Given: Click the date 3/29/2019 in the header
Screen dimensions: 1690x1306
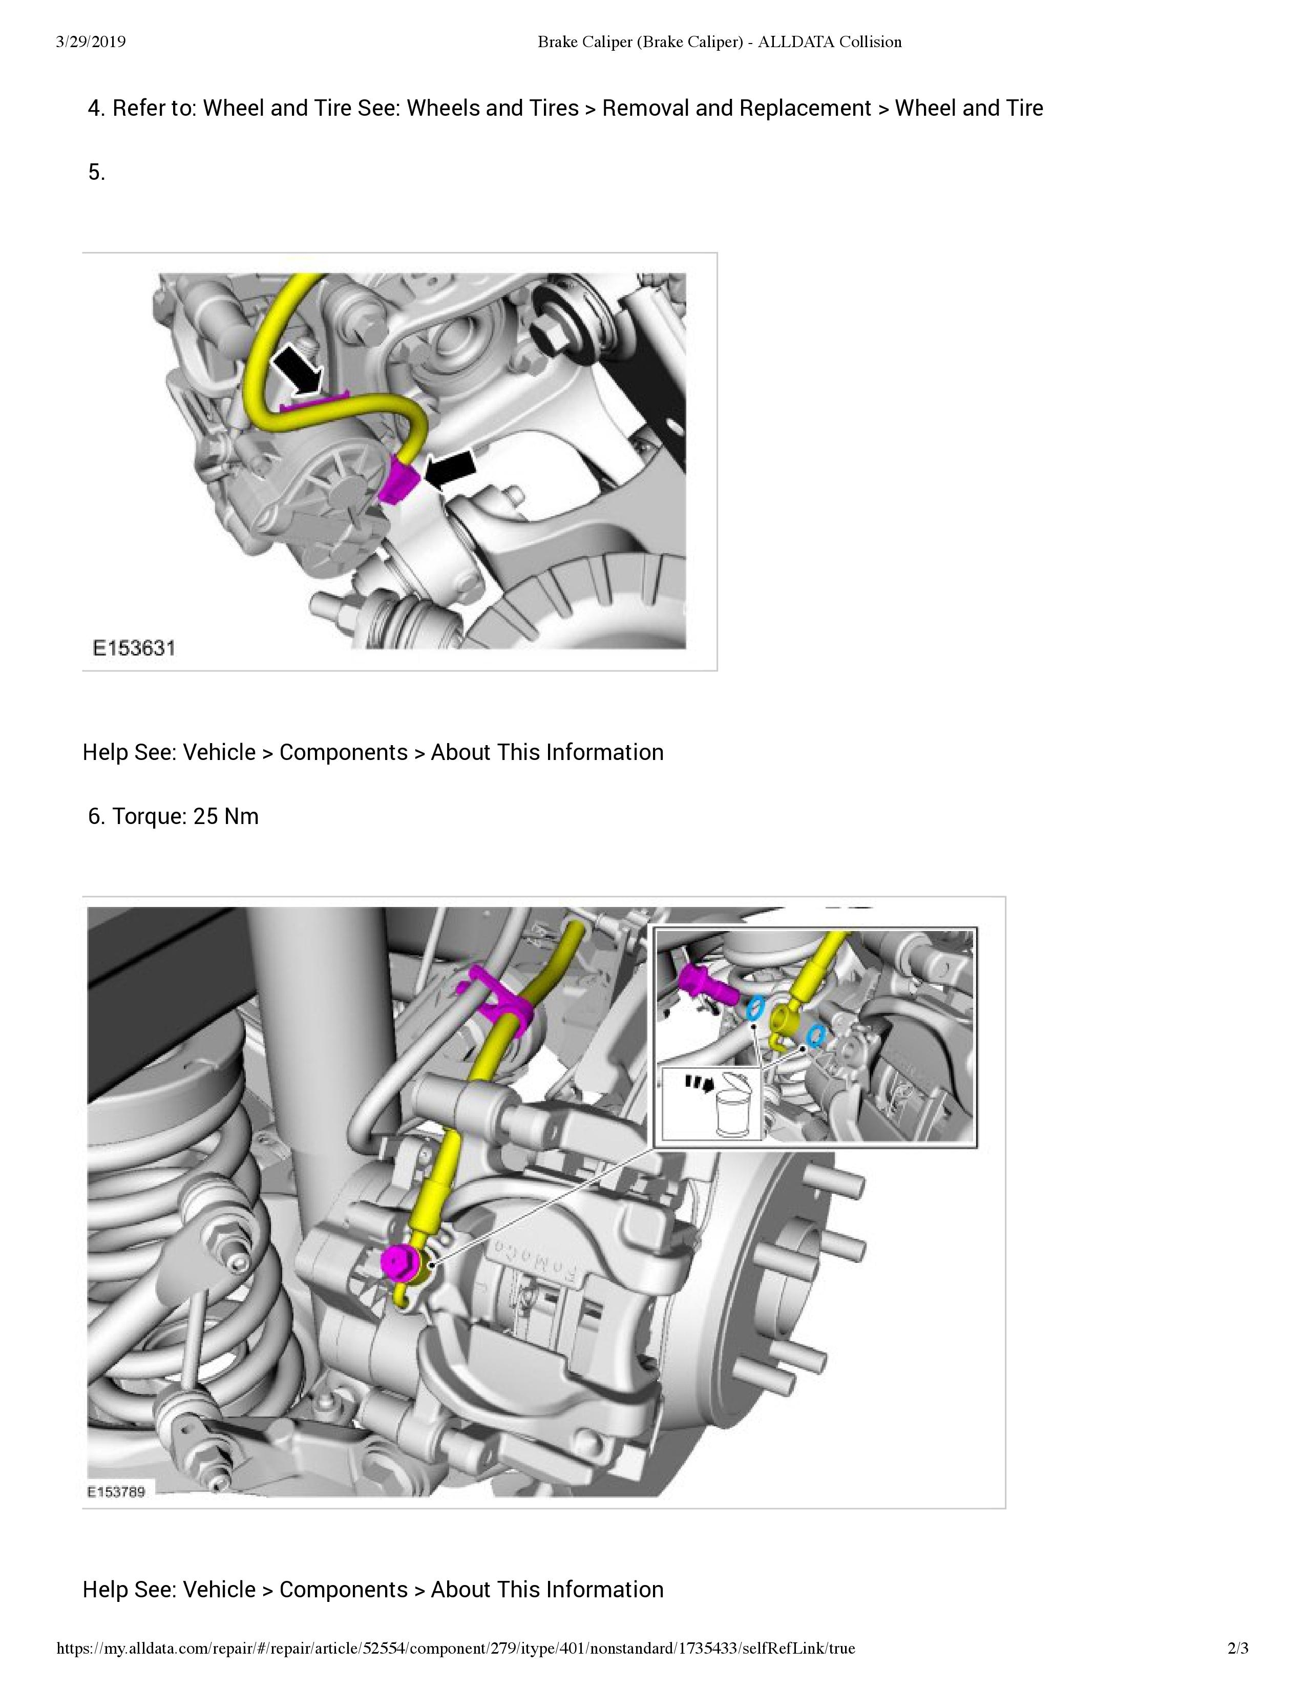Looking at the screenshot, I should (x=91, y=43).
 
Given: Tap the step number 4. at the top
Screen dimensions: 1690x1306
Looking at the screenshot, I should (x=96, y=109).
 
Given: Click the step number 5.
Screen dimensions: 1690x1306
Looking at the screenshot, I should (x=96, y=173).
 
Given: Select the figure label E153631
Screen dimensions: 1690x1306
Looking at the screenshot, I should (x=134, y=648).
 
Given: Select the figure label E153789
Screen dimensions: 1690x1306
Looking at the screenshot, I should (x=116, y=1491).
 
